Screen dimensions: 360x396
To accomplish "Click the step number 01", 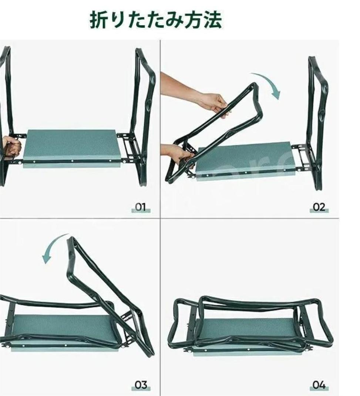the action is [141, 207].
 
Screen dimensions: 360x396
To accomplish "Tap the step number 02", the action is [319, 207].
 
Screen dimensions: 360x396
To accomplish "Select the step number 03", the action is [141, 385].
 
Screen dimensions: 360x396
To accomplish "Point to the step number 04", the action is [319, 385].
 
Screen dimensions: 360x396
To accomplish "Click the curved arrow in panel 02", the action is [272, 81].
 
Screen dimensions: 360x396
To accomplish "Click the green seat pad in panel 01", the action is [71, 146].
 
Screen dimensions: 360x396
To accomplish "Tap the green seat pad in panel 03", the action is [63, 331].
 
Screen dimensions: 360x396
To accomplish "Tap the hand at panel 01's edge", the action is [11, 146].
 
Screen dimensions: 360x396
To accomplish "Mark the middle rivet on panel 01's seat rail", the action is [73, 161].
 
